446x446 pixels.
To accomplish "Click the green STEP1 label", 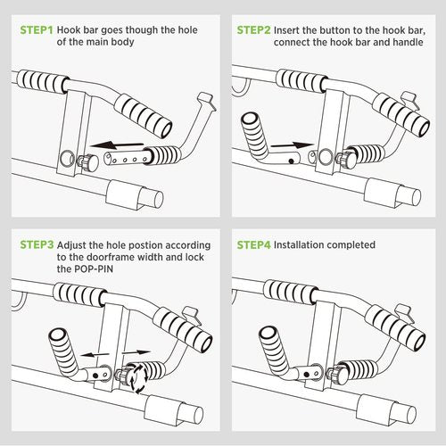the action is (37, 30).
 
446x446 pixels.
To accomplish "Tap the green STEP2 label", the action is (253, 30).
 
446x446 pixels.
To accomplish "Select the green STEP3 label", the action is (37, 244).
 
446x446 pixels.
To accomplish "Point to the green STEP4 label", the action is (253, 244).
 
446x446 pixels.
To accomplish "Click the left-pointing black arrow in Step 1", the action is (117, 145).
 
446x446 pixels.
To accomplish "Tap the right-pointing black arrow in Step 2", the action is (292, 145).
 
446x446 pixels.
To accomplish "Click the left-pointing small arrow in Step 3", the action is (95, 354).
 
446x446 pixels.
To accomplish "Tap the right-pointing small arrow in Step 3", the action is (136, 352).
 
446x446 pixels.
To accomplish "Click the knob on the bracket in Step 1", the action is (88, 162).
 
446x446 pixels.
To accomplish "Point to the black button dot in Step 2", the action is (292, 161).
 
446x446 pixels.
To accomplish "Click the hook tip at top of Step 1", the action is (206, 101).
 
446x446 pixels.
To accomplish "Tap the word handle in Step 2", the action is (408, 42).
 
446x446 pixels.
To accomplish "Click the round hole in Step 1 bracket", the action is (68, 159).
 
